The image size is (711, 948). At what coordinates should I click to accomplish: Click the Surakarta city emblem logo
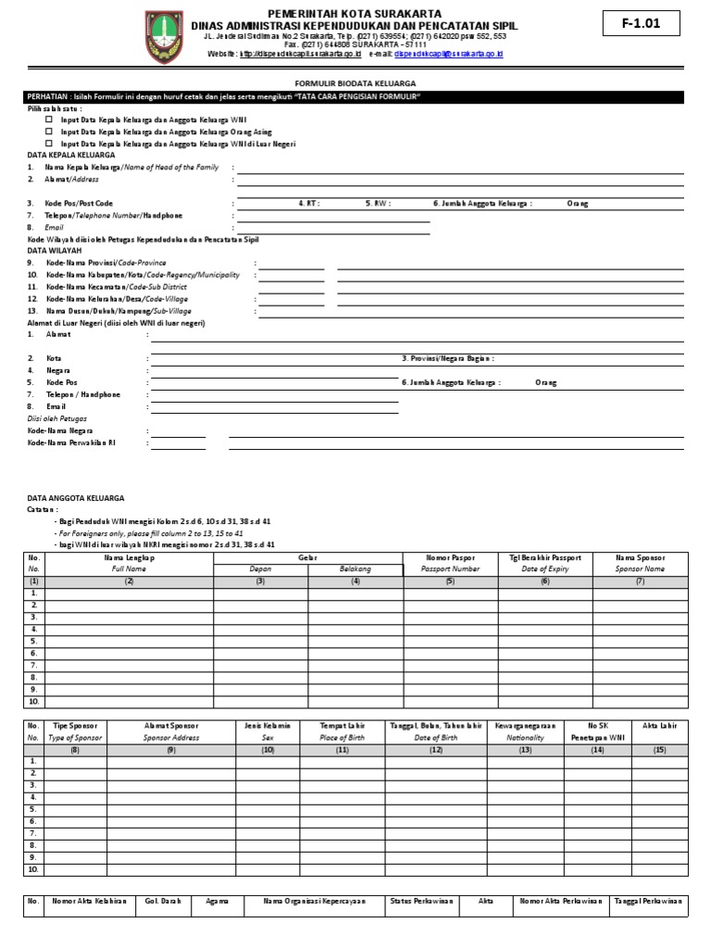[x=165, y=36]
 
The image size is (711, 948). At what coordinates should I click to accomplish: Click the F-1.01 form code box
[x=640, y=25]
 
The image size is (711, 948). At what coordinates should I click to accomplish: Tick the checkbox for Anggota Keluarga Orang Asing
[x=50, y=131]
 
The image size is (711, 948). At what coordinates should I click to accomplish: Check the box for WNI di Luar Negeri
[x=50, y=143]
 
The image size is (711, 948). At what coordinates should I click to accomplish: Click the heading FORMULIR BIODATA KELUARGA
[x=355, y=82]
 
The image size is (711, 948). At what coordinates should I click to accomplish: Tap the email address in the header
[x=448, y=55]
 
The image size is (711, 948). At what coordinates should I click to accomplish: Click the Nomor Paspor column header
[x=450, y=558]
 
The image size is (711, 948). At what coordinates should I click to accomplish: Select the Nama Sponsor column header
[x=640, y=558]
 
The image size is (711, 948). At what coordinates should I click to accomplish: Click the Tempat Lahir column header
[x=342, y=725]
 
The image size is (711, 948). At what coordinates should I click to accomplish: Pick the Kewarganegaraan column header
[x=525, y=725]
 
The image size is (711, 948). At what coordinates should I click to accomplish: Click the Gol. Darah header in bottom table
[x=162, y=901]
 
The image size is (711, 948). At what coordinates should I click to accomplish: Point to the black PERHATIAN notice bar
[x=355, y=97]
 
